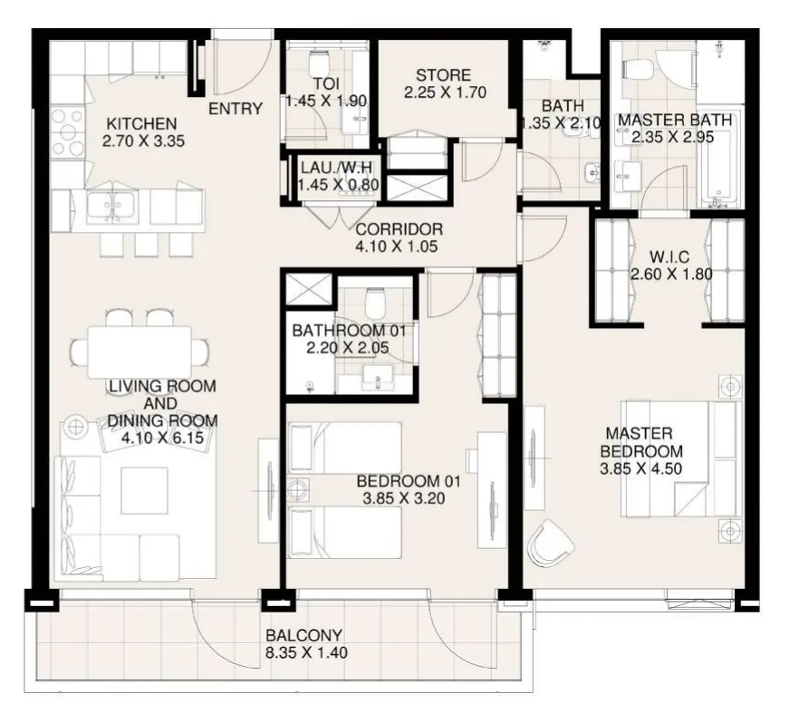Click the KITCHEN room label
pyautogui.click(x=141, y=123)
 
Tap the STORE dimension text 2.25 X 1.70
pyautogui.click(x=445, y=92)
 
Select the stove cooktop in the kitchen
pyautogui.click(x=68, y=132)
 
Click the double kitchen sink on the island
pyautogui.click(x=111, y=207)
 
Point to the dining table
pyautogui.click(x=140, y=352)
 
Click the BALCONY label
pyautogui.click(x=303, y=635)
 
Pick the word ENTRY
pyautogui.click(x=236, y=109)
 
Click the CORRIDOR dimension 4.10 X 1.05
pyautogui.click(x=397, y=246)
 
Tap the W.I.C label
pyautogui.click(x=670, y=257)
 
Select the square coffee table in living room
pyautogui.click(x=144, y=490)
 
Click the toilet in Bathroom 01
pyautogui.click(x=375, y=303)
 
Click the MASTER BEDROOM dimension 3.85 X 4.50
pyautogui.click(x=641, y=468)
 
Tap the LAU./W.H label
pyautogui.click(x=336, y=168)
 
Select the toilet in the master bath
pyautogui.click(x=637, y=69)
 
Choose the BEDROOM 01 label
pyautogui.click(x=409, y=481)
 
